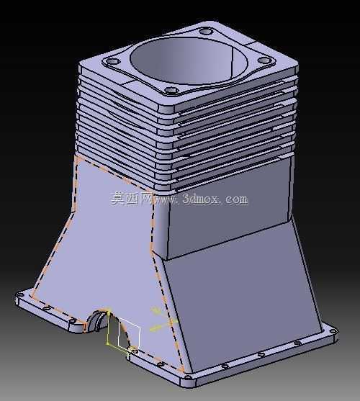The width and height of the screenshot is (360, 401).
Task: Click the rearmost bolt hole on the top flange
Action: coord(206,32)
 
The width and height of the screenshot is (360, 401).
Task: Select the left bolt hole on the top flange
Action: coord(112,62)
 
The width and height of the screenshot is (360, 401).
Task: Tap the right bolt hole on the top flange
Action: coord(265,60)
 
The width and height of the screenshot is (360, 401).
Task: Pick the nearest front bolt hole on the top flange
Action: coord(170,90)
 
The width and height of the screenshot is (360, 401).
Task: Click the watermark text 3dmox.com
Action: coord(215,199)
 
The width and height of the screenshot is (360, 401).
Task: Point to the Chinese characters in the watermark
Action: coord(132,199)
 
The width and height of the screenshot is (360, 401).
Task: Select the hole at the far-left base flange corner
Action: coord(20,294)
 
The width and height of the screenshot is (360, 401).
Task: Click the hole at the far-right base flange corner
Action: coord(333,331)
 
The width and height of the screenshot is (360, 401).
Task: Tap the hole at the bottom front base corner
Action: coord(188,377)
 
